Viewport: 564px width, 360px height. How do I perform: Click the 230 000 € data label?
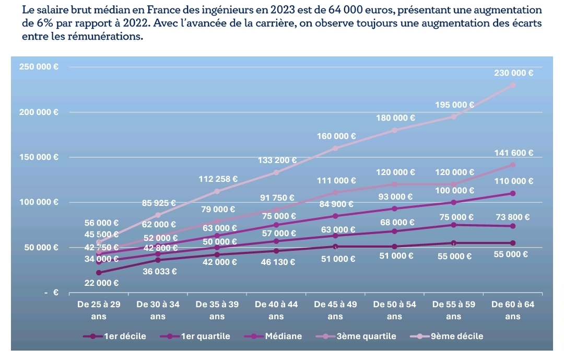coord(513,73)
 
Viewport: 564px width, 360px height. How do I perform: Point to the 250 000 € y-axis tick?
coord(39,67)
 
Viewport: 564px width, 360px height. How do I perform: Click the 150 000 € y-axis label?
coord(39,157)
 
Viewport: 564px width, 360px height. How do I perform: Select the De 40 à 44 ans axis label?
coord(276,310)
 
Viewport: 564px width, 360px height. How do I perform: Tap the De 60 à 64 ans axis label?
coord(513,310)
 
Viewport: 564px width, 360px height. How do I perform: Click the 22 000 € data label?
coord(101,283)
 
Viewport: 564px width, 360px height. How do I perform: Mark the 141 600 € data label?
coord(513,153)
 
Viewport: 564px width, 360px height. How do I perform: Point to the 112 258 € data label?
coord(218,179)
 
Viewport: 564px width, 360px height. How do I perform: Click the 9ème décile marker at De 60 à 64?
coord(513,85)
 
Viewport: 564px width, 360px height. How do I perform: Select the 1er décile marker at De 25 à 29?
coord(99,273)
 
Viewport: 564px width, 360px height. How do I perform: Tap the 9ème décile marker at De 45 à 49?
coord(335,148)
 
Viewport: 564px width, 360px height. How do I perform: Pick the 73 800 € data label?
coord(512,217)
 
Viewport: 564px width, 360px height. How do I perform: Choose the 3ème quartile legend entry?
coord(366,336)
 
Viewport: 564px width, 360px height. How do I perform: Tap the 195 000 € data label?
coord(455,104)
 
